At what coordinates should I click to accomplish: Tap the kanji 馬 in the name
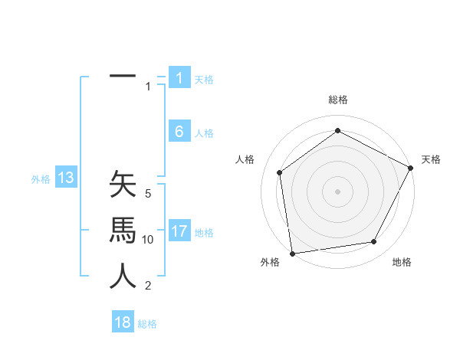pyautogui.click(x=123, y=230)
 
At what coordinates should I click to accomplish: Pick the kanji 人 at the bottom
pyautogui.click(x=123, y=276)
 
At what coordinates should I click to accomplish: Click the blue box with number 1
pyautogui.click(x=179, y=77)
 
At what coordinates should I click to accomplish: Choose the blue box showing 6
pyautogui.click(x=179, y=132)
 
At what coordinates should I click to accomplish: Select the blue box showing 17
pyautogui.click(x=179, y=231)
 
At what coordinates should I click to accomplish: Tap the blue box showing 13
pyautogui.click(x=66, y=178)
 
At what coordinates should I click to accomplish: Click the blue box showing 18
pyautogui.click(x=123, y=322)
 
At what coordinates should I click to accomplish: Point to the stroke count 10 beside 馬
pyautogui.click(x=148, y=240)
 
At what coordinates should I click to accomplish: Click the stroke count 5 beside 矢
pyautogui.click(x=148, y=194)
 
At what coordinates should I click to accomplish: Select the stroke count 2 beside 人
pyautogui.click(x=148, y=286)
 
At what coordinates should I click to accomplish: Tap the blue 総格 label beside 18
pyautogui.click(x=147, y=324)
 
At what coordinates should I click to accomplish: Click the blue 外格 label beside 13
pyautogui.click(x=41, y=179)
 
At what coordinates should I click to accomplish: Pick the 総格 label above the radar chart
pyautogui.click(x=338, y=100)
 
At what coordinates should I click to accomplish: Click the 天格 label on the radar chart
pyautogui.click(x=432, y=159)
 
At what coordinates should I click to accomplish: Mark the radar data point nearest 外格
pyautogui.click(x=292, y=254)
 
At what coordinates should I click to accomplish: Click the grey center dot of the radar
pyautogui.click(x=338, y=191)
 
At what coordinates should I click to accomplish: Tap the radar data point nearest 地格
pyautogui.click(x=374, y=242)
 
